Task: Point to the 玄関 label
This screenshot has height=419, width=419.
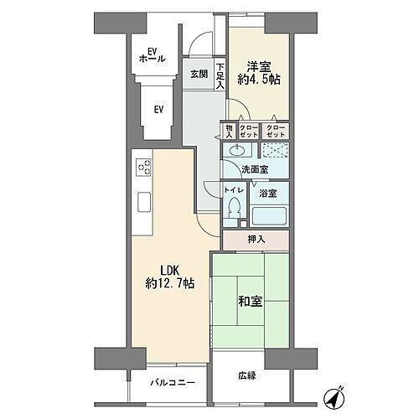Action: click(199, 74)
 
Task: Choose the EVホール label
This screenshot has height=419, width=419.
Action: click(148, 55)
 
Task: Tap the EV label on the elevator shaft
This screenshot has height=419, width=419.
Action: click(158, 109)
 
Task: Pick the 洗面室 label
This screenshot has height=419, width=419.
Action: click(255, 169)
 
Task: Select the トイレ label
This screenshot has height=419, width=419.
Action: click(234, 191)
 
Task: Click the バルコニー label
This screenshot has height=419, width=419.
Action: click(173, 383)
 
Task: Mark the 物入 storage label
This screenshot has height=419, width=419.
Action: click(228, 130)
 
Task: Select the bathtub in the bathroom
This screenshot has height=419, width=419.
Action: click(271, 214)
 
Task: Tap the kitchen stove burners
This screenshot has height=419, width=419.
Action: click(142, 166)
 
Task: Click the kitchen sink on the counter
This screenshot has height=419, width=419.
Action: click(143, 202)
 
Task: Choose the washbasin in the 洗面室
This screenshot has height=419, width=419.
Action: click(240, 152)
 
